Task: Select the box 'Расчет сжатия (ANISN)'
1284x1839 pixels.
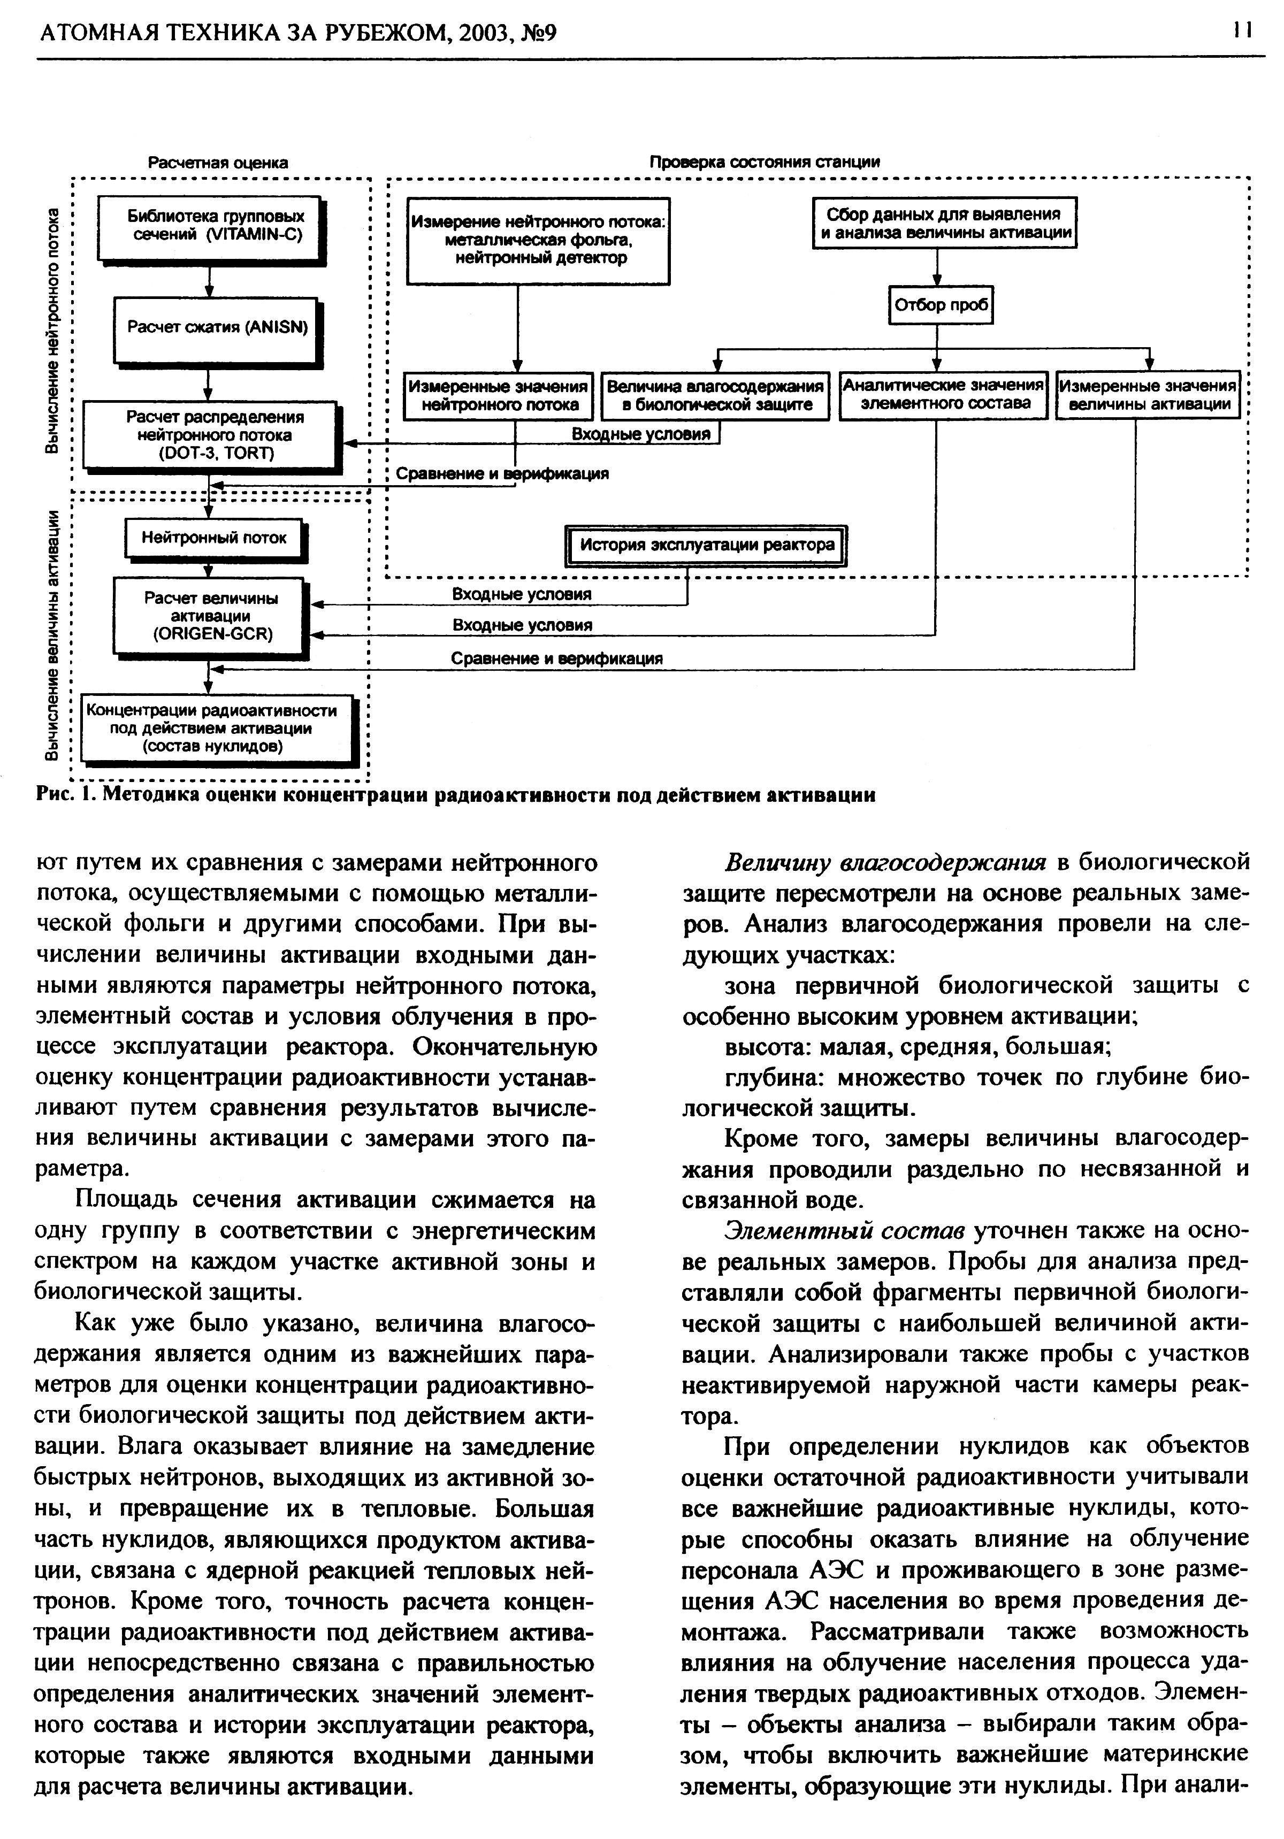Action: pos(216,328)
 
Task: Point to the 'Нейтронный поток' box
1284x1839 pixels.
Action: pos(214,538)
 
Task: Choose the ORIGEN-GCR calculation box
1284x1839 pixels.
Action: pos(210,616)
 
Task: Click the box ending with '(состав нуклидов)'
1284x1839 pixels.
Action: pos(213,728)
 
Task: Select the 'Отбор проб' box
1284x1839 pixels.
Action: pos(941,305)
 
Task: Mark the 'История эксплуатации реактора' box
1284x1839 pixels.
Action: pos(706,546)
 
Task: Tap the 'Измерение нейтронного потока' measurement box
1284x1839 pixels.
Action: pos(538,240)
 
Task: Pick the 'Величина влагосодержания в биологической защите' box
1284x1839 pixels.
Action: pos(715,396)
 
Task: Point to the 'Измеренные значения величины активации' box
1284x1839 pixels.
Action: pos(1148,395)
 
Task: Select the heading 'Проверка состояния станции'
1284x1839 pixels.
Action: pos(764,162)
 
